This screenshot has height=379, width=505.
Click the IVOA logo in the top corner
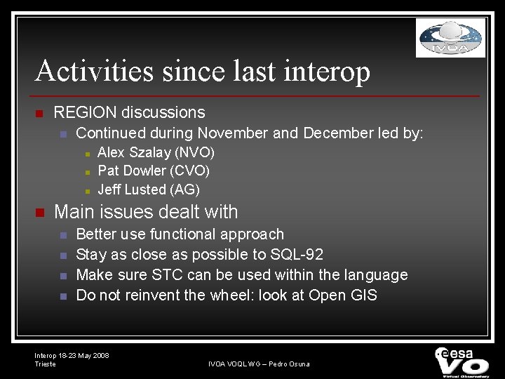[x=450, y=38]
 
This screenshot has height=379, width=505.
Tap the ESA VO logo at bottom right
[x=462, y=361]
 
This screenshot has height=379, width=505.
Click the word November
[x=232, y=133]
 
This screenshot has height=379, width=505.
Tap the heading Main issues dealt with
[x=146, y=211]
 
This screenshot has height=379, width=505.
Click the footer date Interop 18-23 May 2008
[x=72, y=356]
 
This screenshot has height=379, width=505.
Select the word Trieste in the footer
[x=45, y=364]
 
